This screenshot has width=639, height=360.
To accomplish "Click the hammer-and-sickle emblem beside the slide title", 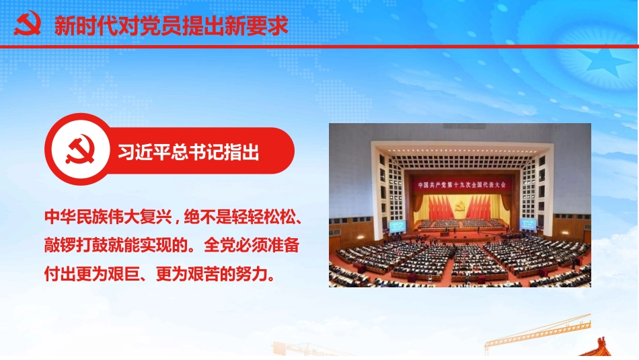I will tap(28, 24).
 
